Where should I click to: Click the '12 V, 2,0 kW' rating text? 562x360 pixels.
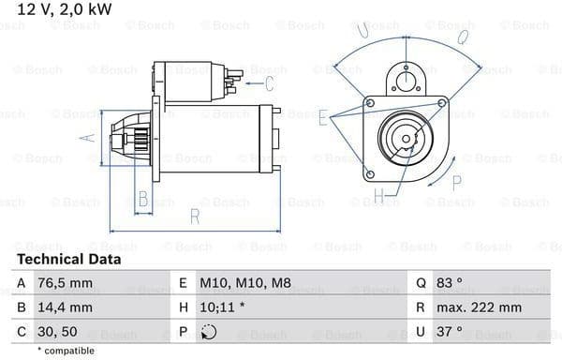(65, 9)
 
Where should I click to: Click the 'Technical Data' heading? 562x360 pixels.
(68, 260)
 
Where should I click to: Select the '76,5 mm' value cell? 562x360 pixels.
(65, 283)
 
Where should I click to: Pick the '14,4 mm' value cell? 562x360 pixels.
(65, 307)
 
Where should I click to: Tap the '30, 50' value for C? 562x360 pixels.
(57, 332)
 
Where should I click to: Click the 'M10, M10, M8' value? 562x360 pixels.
(245, 283)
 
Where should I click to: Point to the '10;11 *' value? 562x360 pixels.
(222, 307)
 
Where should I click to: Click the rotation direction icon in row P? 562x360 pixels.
(209, 332)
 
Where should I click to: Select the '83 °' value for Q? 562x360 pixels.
(449, 283)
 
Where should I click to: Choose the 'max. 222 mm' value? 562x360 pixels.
(479, 307)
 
